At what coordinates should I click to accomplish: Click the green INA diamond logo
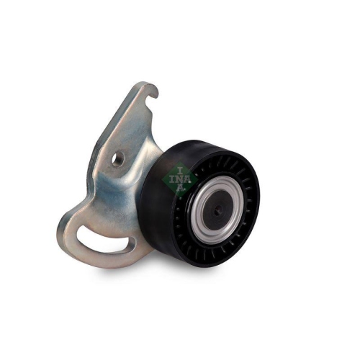[176, 177]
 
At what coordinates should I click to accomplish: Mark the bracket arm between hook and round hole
[134, 119]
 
